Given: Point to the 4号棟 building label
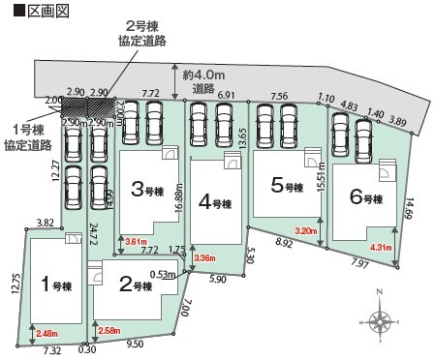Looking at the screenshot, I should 214,203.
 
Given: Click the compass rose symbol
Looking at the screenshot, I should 379,320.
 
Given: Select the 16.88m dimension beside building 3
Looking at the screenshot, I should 180,204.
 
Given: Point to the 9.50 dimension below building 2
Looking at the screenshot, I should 135,344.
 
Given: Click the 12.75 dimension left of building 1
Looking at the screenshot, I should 16,287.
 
